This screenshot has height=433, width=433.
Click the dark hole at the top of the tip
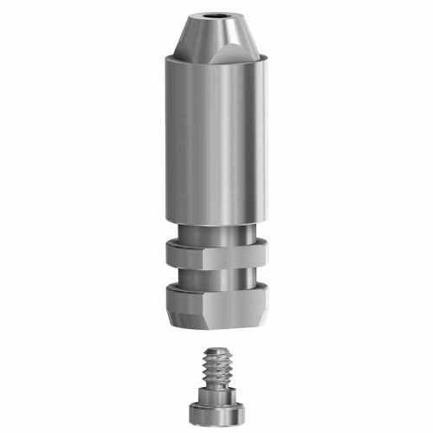[x=216, y=16]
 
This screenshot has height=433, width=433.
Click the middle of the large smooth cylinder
[x=216, y=139]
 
